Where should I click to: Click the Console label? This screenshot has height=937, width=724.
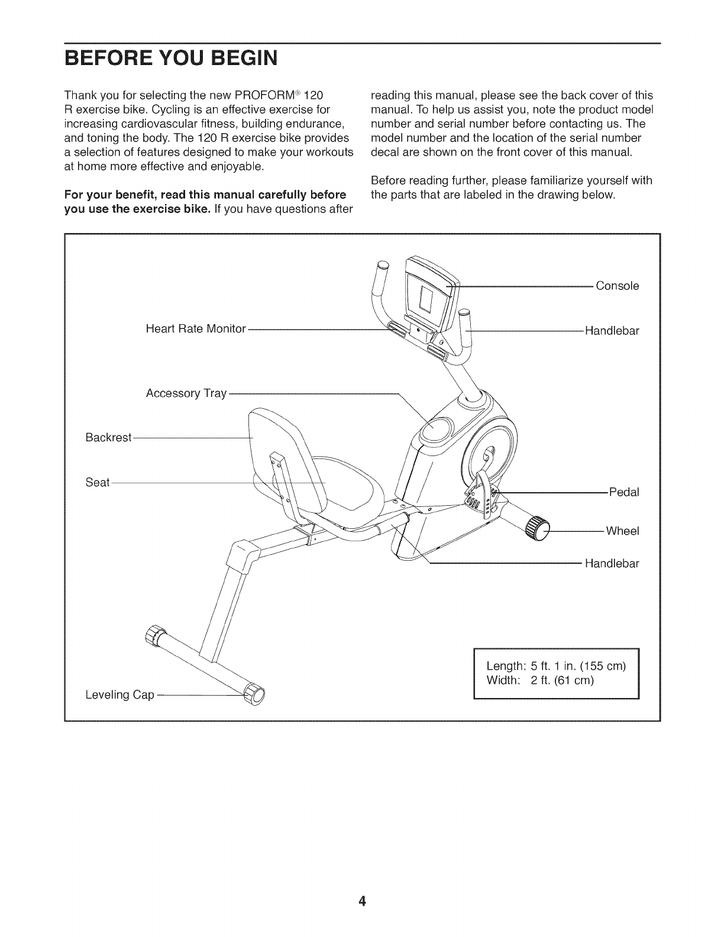point(617,286)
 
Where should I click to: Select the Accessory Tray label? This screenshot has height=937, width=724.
point(186,394)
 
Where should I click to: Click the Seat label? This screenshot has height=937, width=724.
point(98,483)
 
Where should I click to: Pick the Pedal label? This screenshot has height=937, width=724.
point(624,492)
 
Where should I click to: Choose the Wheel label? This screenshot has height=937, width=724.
point(622,531)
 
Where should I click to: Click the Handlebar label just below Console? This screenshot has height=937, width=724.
point(612,331)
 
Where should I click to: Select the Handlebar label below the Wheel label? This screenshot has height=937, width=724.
point(612,564)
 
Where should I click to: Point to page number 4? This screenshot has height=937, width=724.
point(362,902)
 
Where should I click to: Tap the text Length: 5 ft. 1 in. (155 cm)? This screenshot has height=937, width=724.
point(555,666)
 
